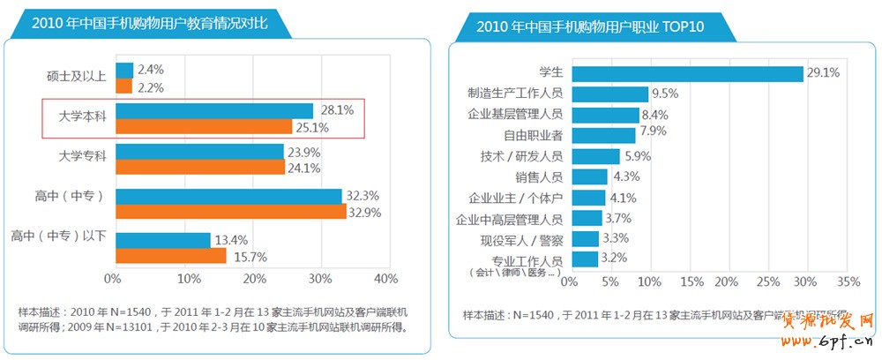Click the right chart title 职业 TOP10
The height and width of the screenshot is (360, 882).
coord(590,26)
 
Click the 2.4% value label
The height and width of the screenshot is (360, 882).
coord(151,69)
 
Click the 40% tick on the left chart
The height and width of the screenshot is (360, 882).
coord(386,279)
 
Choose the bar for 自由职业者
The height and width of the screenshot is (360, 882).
coord(603,135)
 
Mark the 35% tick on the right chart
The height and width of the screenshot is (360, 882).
coord(847,282)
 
